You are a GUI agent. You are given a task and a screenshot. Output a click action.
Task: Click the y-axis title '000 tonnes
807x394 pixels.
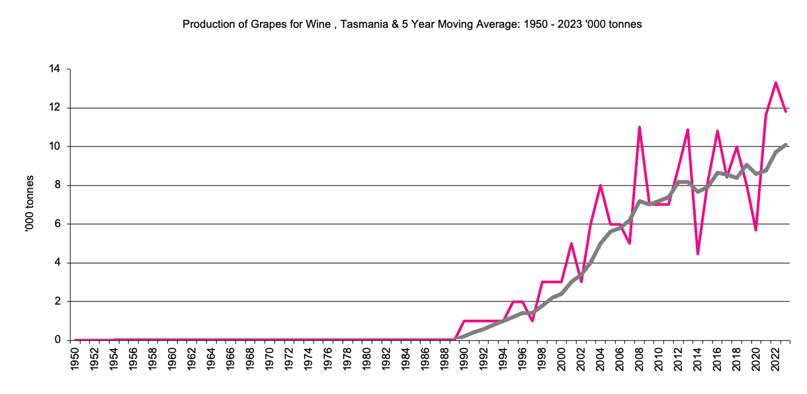tap(29, 205)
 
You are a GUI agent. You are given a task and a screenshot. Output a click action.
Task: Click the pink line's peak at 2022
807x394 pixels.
tap(775, 83)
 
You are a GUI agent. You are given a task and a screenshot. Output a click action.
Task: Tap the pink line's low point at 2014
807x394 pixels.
tap(698, 254)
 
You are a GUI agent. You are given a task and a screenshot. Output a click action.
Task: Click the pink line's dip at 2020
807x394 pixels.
tap(756, 230)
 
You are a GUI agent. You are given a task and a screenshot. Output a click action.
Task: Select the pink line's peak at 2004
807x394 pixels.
tap(600, 185)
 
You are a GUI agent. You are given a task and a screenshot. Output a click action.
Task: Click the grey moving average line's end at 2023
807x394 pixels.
tap(785, 144)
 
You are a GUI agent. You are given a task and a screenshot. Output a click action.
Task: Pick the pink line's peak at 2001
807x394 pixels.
tap(571, 244)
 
